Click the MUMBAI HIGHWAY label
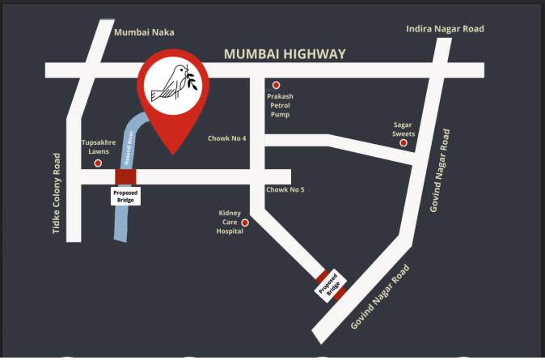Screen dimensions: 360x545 tap(285, 54)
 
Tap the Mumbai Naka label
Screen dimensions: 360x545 tap(144, 32)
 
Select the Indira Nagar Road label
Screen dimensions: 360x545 tap(445, 29)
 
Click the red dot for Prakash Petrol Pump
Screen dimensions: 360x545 tap(276, 85)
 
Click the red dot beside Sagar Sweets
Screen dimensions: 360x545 tap(403, 143)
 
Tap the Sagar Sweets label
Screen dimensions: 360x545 tap(403, 129)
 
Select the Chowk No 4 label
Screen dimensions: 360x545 tap(227, 138)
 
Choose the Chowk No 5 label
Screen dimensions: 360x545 tap(285, 190)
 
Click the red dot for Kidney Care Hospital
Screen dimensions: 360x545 tap(245, 222)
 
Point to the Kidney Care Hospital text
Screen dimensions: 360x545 tap(230, 222)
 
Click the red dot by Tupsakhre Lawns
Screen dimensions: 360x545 tap(99, 163)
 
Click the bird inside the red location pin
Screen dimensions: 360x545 tap(172, 83)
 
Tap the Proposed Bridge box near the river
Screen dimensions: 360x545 tap(125, 195)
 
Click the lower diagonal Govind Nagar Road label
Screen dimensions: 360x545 tap(381, 297)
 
